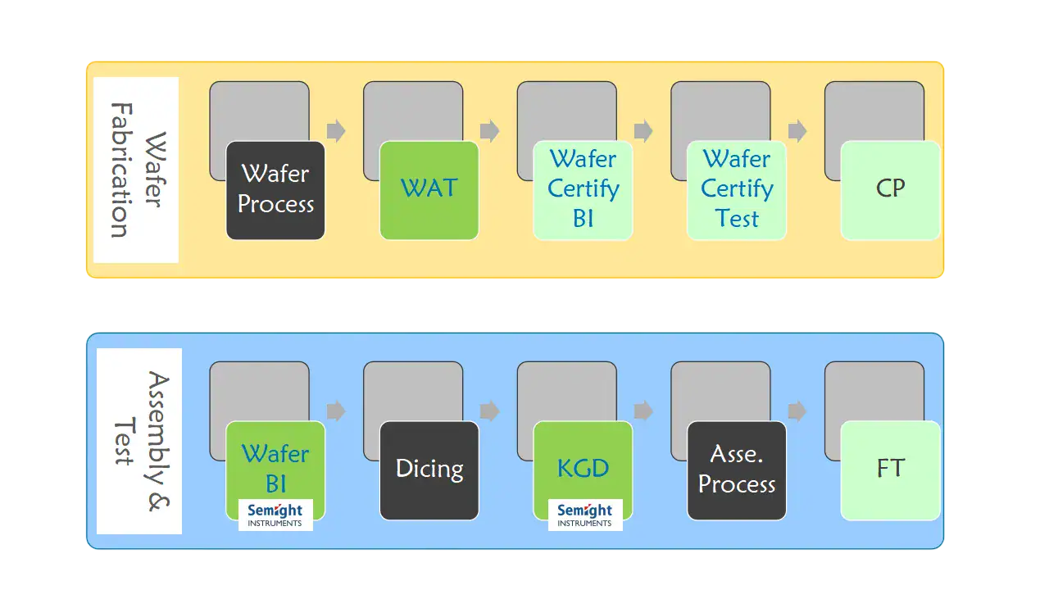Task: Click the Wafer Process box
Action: point(275,190)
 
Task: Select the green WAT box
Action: point(429,190)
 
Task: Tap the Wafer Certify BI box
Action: point(583,190)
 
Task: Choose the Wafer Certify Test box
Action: point(737,190)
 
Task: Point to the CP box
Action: point(890,190)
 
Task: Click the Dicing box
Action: point(429,470)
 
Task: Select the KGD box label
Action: point(583,469)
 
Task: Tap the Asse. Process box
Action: point(737,470)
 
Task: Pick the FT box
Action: point(890,470)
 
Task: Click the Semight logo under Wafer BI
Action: point(275,515)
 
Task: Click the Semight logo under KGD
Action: point(584,515)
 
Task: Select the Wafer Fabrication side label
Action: point(135,170)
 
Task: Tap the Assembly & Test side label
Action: point(139,441)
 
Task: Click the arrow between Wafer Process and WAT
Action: point(336,131)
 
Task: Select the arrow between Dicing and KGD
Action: point(490,411)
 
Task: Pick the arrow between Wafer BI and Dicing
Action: point(336,411)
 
